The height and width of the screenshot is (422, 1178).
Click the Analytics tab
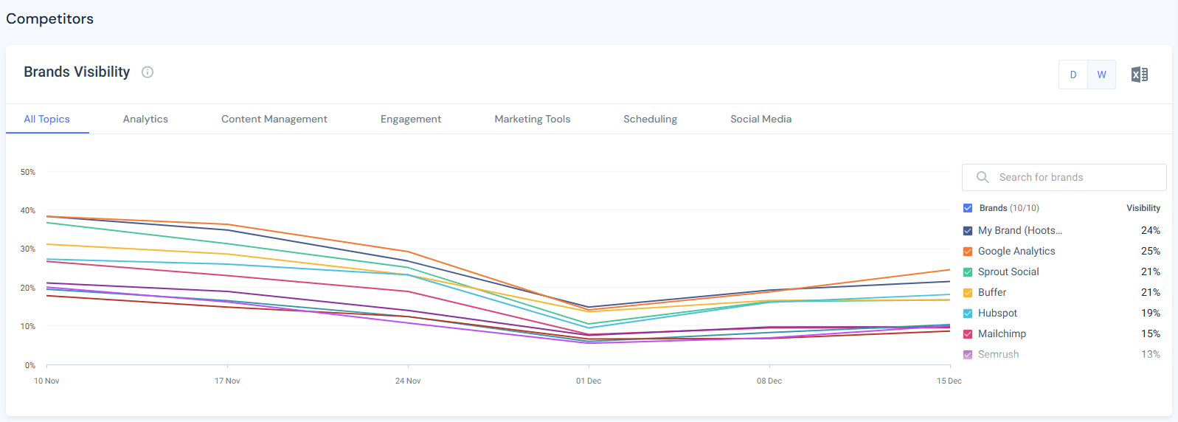pos(145,119)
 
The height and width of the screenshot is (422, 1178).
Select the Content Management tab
pos(274,119)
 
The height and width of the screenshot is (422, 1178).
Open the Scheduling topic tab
pos(650,119)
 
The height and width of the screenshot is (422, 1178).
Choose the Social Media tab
pos(760,119)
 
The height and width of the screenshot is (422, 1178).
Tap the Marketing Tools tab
pos(532,119)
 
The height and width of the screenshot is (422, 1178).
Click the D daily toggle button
pos(1073,75)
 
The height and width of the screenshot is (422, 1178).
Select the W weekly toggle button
pos(1101,75)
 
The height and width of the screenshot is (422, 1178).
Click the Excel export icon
pos(1140,75)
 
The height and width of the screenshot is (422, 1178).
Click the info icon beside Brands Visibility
pos(148,72)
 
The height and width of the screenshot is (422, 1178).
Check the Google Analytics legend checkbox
pos(968,252)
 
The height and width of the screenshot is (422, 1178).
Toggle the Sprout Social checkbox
pos(968,272)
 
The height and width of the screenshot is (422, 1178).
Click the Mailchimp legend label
pos(1002,333)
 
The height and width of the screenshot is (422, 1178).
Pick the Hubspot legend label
pos(997,313)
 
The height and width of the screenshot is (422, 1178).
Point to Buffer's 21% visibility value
pos(1150,292)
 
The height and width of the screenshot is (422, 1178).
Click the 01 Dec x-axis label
pos(589,381)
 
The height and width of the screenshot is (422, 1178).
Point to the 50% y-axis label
pos(28,172)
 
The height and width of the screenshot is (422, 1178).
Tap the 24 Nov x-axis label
pos(408,381)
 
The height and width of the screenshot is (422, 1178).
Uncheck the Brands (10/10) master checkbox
pos(968,208)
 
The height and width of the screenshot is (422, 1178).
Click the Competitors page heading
pos(50,18)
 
